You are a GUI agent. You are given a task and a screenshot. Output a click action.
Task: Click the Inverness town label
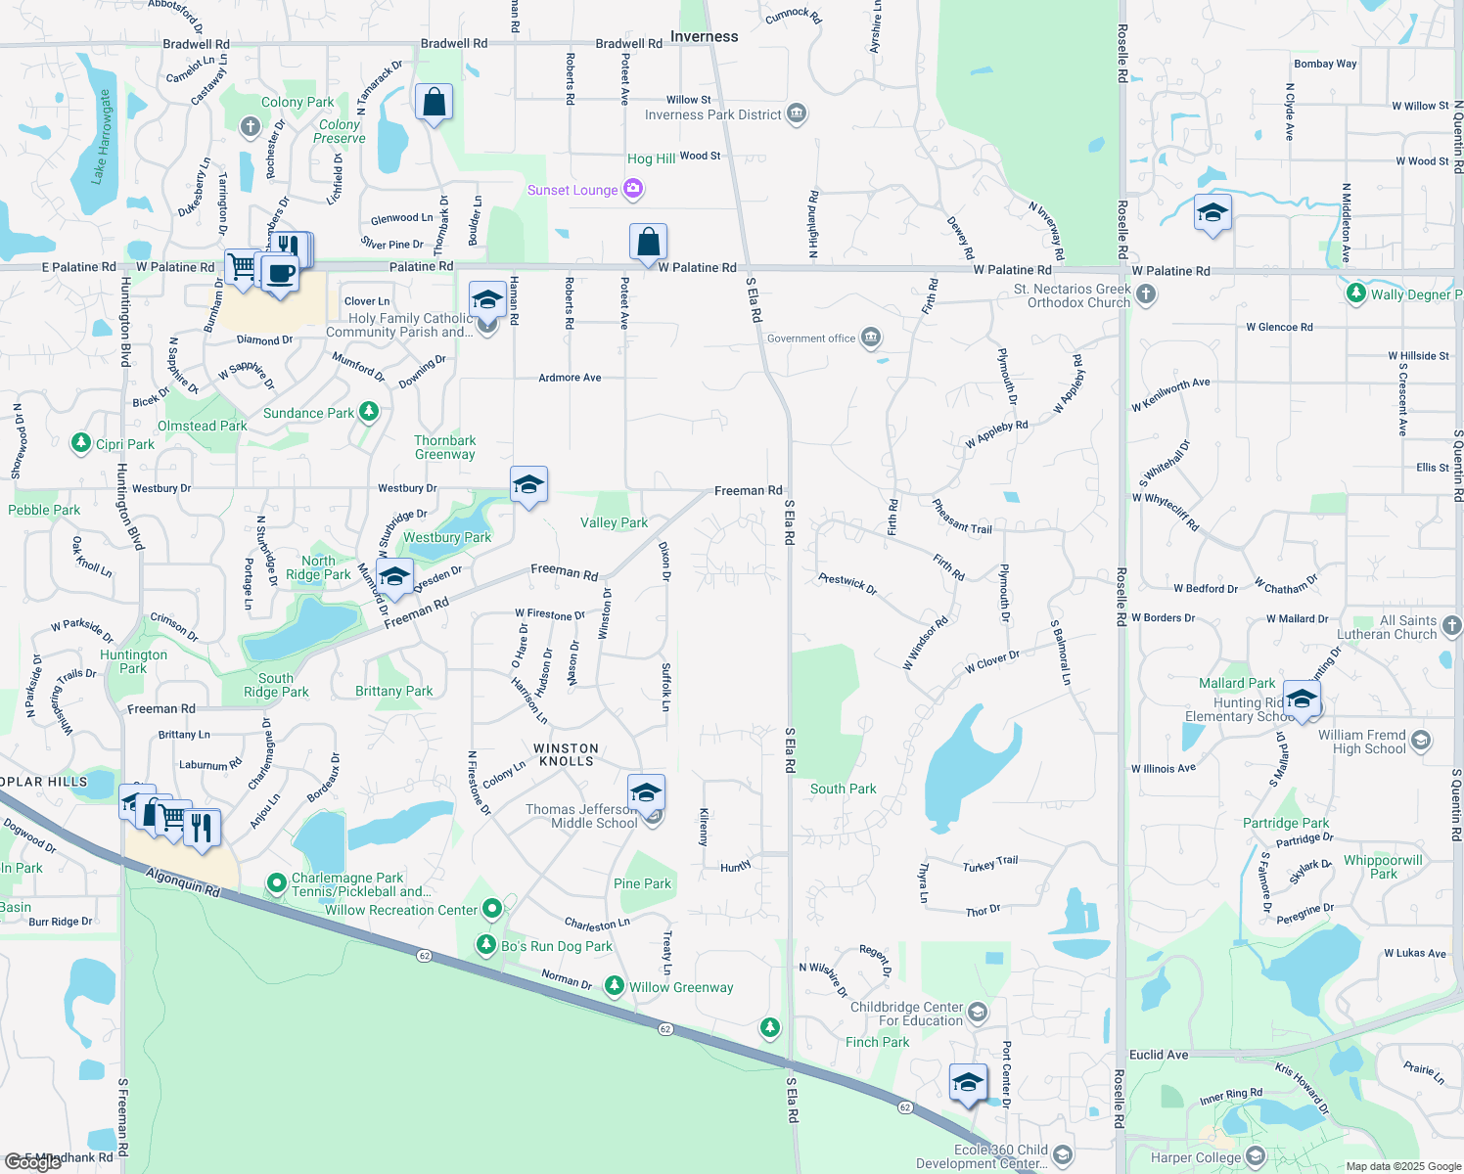pyautogui.click(x=704, y=37)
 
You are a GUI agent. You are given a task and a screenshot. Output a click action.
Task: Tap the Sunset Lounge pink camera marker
pyautogui.click(x=633, y=189)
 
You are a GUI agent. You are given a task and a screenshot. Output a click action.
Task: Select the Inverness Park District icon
pyautogui.click(x=797, y=114)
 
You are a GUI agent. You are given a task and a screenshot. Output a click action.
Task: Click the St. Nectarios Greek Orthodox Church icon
pyautogui.click(x=1146, y=294)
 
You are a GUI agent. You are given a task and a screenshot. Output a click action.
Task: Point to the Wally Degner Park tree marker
pyautogui.click(x=1355, y=293)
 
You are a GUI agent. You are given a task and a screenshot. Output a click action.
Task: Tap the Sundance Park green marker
pyautogui.click(x=368, y=412)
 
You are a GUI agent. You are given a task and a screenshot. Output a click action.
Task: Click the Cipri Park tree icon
pyautogui.click(x=81, y=443)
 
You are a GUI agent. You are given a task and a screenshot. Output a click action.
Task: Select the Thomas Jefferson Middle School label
pyautogui.click(x=581, y=816)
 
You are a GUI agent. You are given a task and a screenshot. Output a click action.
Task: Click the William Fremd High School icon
pyautogui.click(x=1421, y=741)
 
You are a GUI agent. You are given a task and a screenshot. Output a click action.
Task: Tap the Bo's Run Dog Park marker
pyautogui.click(x=486, y=945)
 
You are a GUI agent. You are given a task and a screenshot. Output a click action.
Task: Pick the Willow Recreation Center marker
pyautogui.click(x=492, y=909)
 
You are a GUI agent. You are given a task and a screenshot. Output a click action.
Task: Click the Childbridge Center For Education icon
pyautogui.click(x=978, y=1013)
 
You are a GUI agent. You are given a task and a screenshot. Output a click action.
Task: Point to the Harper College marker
pyautogui.click(x=1256, y=1157)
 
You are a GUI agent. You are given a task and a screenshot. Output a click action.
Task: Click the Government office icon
pyautogui.click(x=871, y=339)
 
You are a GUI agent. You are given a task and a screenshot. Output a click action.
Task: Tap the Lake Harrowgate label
pyautogui.click(x=102, y=137)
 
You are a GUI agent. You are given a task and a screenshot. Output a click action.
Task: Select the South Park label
pyautogui.click(x=843, y=789)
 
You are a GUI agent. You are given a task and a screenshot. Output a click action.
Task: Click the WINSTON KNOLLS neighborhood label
pyautogui.click(x=566, y=754)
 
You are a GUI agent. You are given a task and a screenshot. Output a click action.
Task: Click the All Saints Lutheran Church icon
pyautogui.click(x=1451, y=626)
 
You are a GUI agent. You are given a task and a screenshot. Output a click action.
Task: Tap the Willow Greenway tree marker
pyautogui.click(x=614, y=986)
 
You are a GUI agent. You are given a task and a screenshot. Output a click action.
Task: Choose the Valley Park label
pyautogui.click(x=614, y=522)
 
